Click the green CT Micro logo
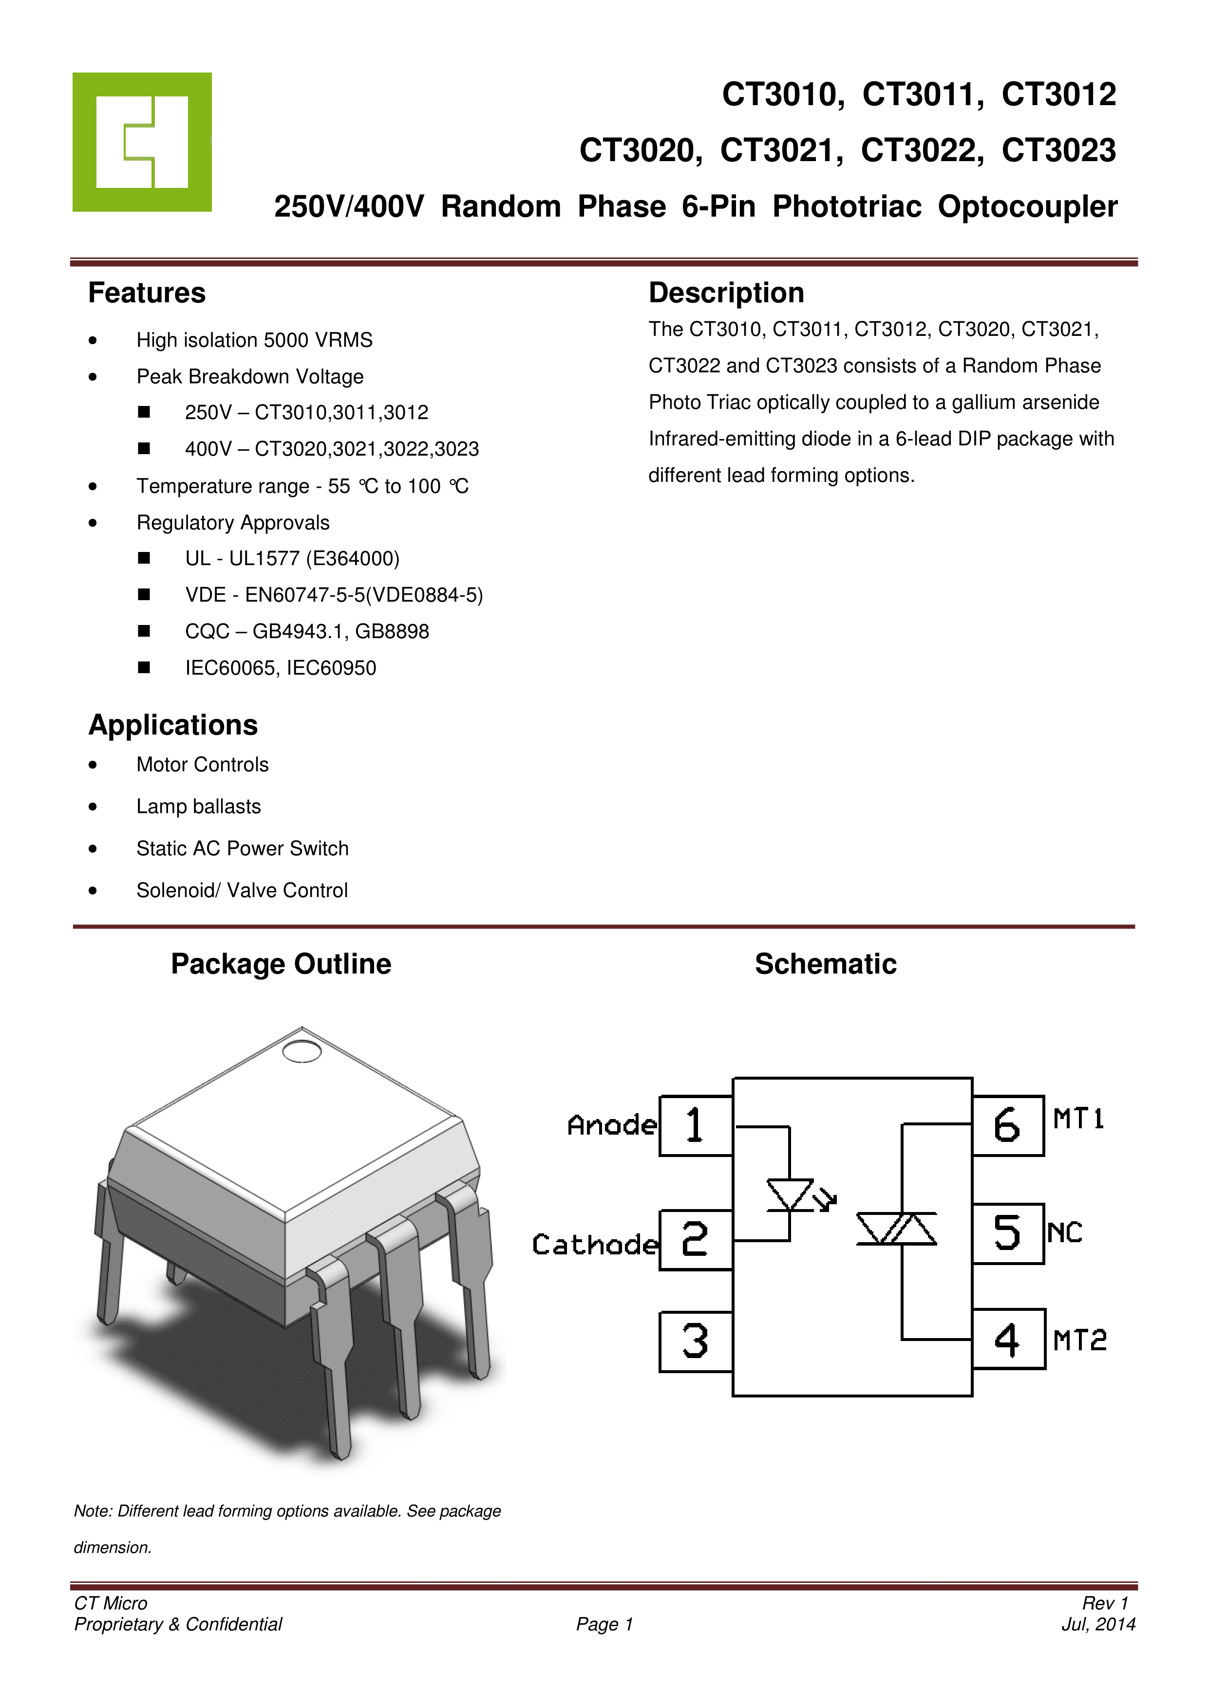(x=141, y=141)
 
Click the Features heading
(x=147, y=293)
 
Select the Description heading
(x=726, y=293)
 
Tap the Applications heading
(x=173, y=725)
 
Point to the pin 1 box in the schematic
(x=695, y=1125)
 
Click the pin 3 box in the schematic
(x=695, y=1341)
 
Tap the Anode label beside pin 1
(x=612, y=1125)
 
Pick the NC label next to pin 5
(x=1064, y=1232)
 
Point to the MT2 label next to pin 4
(x=1079, y=1341)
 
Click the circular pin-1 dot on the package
(x=302, y=1051)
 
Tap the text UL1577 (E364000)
(x=314, y=559)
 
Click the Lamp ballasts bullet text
(x=199, y=807)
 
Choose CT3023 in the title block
(x=1058, y=150)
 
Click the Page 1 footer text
(x=604, y=1624)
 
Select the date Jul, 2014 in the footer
(x=1098, y=1624)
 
